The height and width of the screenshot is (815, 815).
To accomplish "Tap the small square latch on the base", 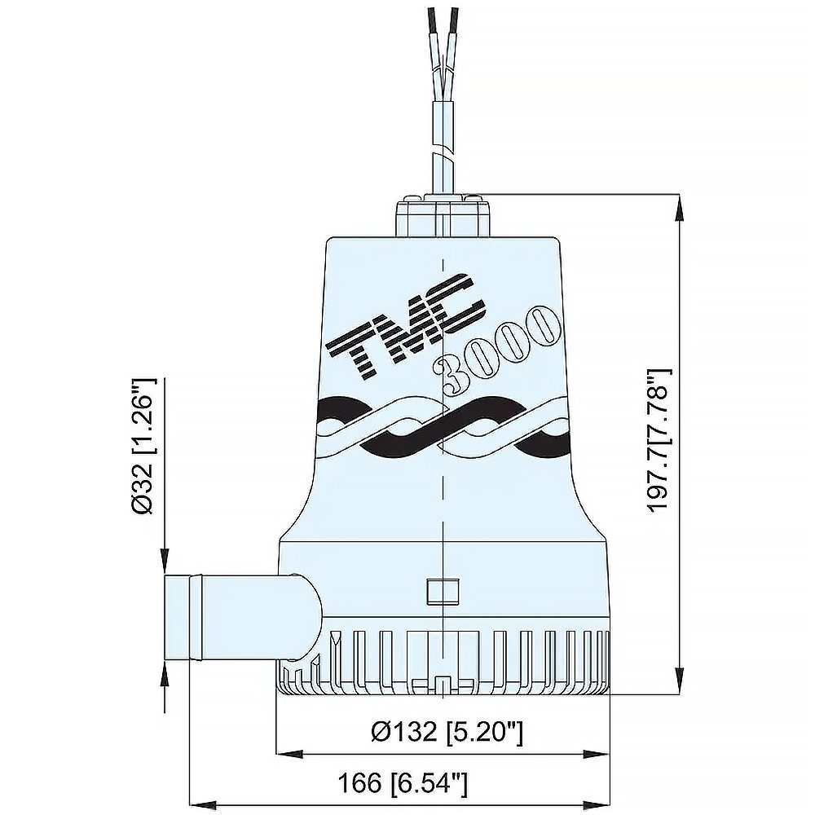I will (x=442, y=589).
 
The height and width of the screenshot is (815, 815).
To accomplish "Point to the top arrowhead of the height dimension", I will (x=679, y=205).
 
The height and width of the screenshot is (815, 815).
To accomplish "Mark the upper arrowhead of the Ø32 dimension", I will (x=165, y=562).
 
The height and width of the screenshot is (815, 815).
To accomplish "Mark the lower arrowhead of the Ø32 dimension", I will (x=165, y=670).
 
